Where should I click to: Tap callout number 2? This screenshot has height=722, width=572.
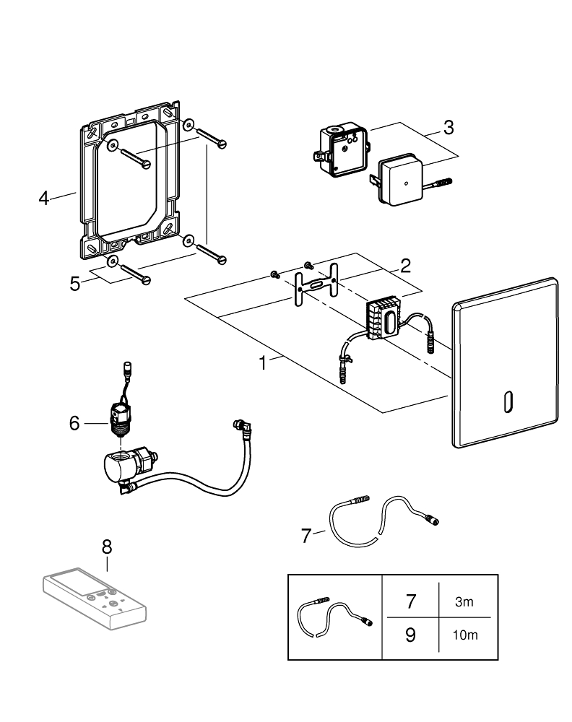click(x=405, y=265)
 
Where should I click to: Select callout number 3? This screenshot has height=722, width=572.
click(x=448, y=127)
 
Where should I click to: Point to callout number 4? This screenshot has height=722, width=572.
click(x=45, y=196)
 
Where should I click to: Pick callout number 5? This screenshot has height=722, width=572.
click(x=75, y=283)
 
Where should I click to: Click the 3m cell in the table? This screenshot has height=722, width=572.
click(x=464, y=602)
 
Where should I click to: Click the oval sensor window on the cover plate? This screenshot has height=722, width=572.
click(x=506, y=401)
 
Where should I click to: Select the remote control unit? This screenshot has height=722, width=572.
click(x=93, y=596)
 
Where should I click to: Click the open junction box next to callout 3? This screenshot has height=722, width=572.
click(x=340, y=149)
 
